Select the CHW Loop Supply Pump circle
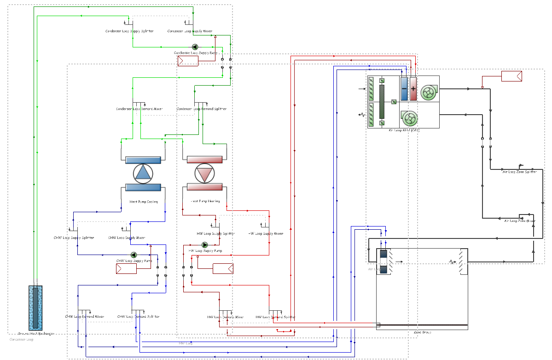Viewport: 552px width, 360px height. [134, 255]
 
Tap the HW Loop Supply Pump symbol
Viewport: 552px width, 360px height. [205, 245]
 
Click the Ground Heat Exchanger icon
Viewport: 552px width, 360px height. [35, 307]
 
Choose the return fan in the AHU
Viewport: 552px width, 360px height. [409, 119]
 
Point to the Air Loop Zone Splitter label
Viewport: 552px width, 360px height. [519, 172]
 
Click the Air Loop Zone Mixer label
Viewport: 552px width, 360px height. [520, 221]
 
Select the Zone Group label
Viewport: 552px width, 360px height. [422, 332]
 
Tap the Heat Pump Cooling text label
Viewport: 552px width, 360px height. [144, 202]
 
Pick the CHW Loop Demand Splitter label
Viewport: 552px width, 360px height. [139, 317]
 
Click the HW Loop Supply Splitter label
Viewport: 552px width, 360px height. [216, 233]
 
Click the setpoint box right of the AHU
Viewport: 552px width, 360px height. [511, 76]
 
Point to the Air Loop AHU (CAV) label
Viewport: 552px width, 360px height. [404, 130]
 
